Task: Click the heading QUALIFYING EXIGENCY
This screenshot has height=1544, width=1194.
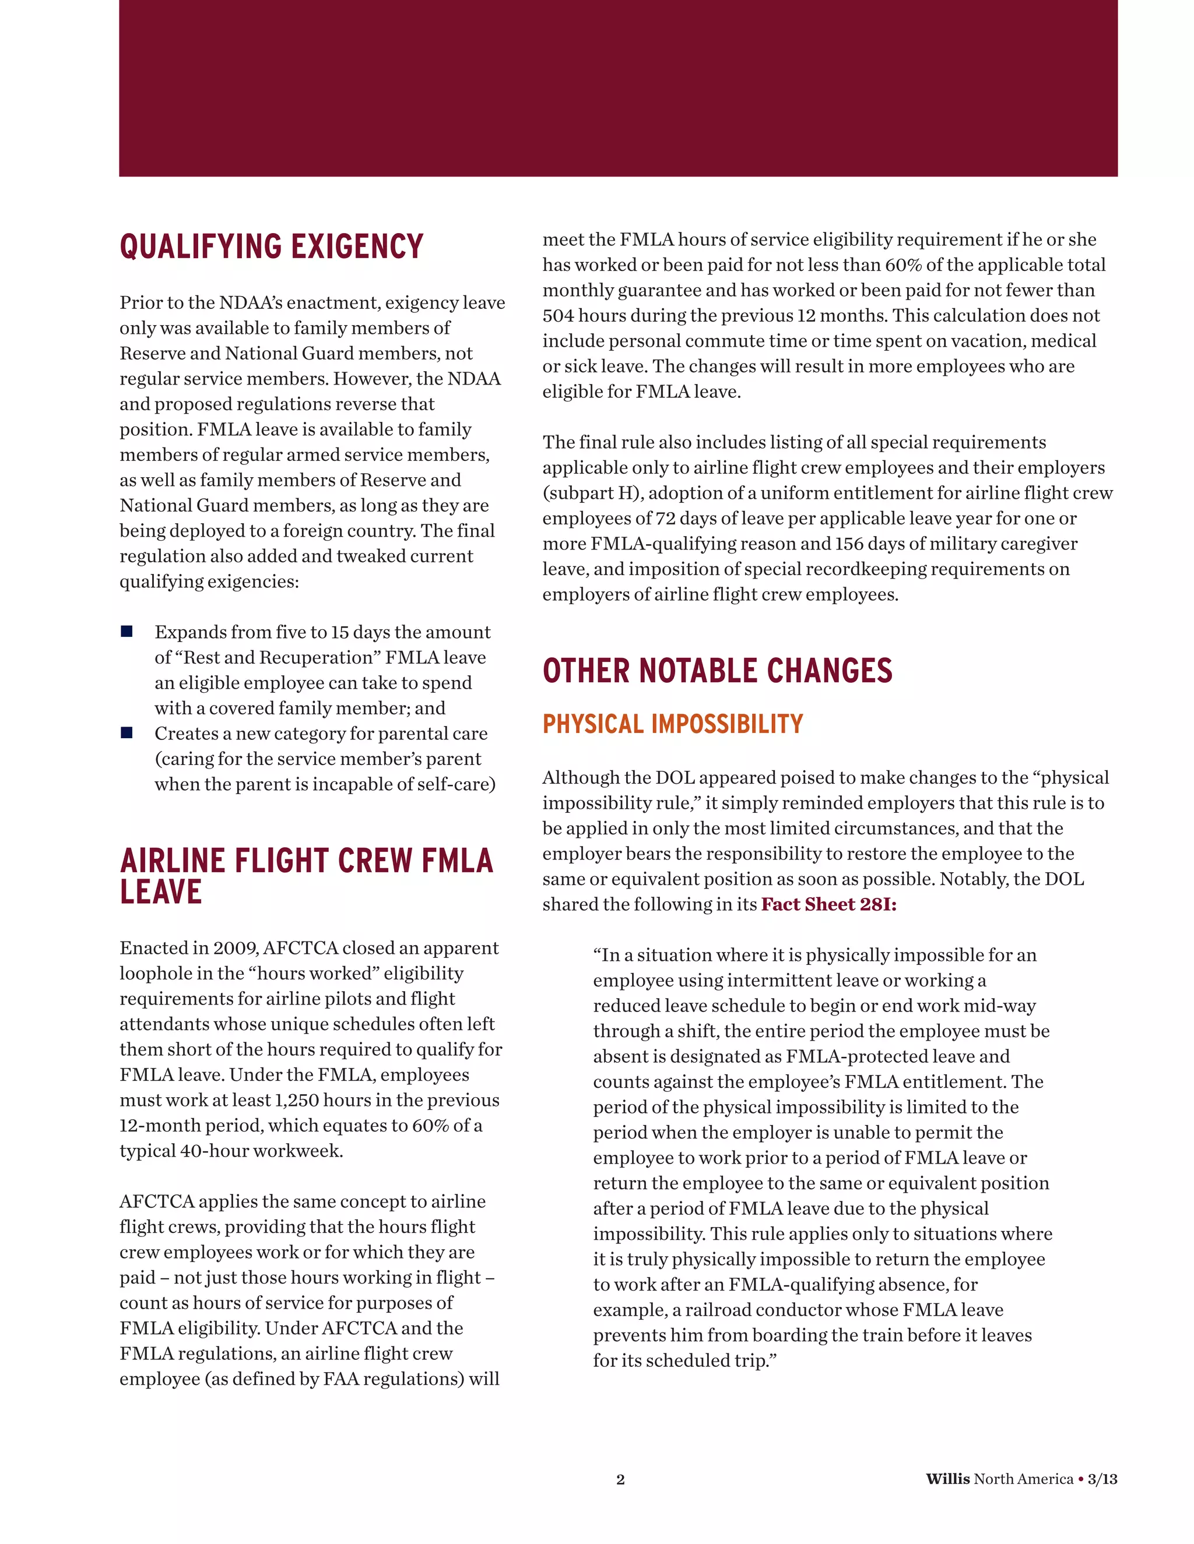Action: click(x=272, y=246)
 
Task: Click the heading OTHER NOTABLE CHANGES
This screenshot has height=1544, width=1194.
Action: click(x=717, y=671)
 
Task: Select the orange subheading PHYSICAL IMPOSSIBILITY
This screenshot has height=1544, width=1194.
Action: click(x=672, y=724)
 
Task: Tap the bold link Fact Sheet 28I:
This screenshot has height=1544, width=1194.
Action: click(x=828, y=904)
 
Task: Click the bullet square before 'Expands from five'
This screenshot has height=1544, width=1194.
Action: click(x=127, y=632)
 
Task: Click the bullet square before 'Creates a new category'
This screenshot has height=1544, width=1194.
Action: click(x=127, y=732)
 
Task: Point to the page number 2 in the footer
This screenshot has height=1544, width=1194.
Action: click(x=620, y=1479)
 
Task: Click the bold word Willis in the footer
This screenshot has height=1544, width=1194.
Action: click(x=947, y=1479)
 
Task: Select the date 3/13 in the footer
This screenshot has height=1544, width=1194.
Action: click(x=1102, y=1479)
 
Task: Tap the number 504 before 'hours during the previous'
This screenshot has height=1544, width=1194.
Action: click(x=558, y=315)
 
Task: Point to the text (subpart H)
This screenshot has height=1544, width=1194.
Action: click(x=591, y=493)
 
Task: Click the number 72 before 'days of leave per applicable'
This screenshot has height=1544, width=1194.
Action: click(x=666, y=518)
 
